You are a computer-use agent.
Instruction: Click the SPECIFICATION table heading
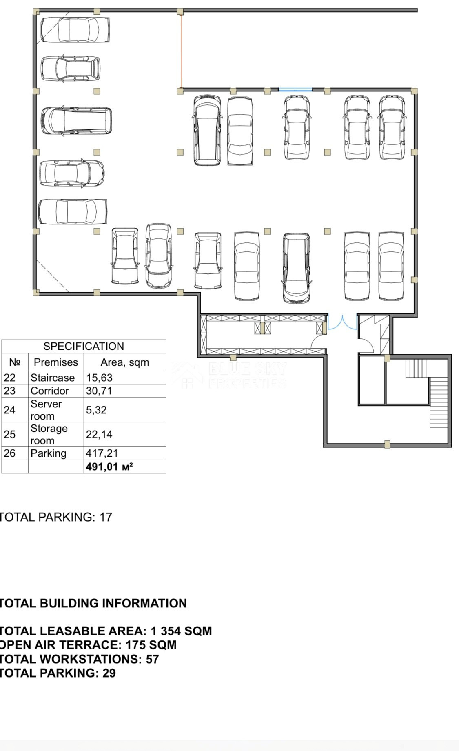tap(84, 346)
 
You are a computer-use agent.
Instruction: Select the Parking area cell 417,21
tap(102, 453)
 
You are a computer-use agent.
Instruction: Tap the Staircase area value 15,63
tap(99, 378)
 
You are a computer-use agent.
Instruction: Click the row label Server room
tap(46, 410)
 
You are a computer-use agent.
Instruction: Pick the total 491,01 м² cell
tap(109, 467)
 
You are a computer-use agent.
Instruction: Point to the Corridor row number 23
tap(9, 391)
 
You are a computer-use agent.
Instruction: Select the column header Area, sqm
tap(124, 362)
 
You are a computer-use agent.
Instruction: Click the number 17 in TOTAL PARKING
tap(106, 517)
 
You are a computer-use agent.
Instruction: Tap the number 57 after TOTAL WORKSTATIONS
tap(152, 659)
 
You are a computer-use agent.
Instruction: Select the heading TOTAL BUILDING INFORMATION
tap(93, 603)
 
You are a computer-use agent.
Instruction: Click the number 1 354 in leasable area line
tap(165, 631)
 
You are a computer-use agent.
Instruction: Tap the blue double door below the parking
tap(342, 322)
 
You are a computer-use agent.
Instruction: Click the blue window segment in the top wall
tap(295, 89)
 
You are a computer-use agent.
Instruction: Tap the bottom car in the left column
tap(73, 211)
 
